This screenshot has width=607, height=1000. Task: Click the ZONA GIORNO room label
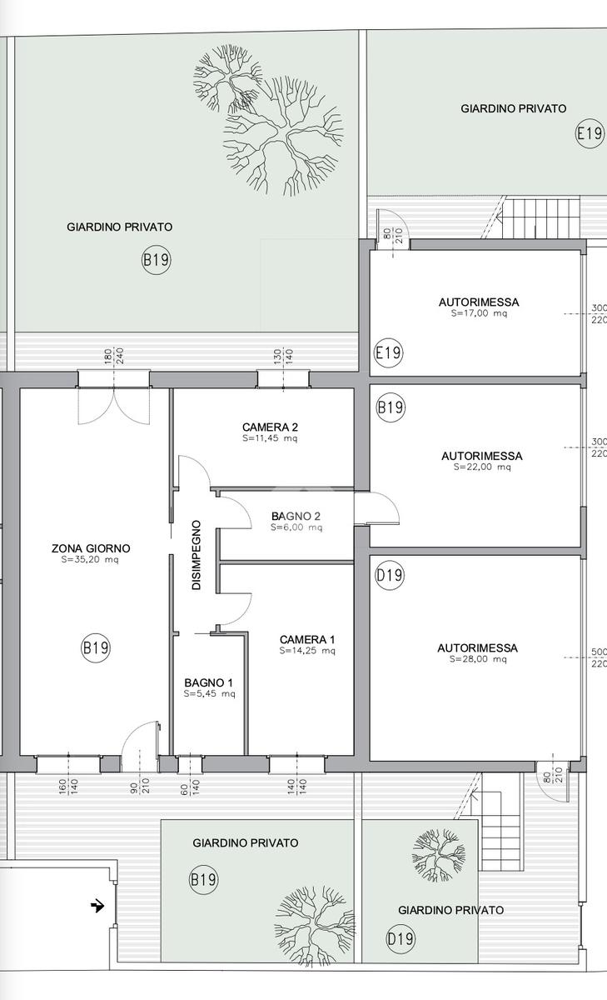pyautogui.click(x=91, y=548)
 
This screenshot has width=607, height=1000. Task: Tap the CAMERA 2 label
pyautogui.click(x=270, y=427)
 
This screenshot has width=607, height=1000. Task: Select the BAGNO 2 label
pyautogui.click(x=296, y=516)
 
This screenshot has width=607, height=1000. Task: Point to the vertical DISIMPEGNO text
pyautogui.click(x=197, y=555)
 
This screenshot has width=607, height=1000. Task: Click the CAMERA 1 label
pyautogui.click(x=307, y=639)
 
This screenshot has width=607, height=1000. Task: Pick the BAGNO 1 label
pyautogui.click(x=209, y=682)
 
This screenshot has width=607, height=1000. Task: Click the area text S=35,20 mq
pyautogui.click(x=90, y=560)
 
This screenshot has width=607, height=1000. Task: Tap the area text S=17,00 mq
pyautogui.click(x=479, y=313)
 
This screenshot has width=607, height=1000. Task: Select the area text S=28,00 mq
pyautogui.click(x=478, y=659)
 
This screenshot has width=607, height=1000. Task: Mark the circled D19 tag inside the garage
pyautogui.click(x=390, y=575)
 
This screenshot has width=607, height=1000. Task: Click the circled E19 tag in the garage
pyautogui.click(x=388, y=352)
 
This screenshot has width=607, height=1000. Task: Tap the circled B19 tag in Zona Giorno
pyautogui.click(x=96, y=647)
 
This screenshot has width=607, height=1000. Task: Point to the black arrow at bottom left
pyautogui.click(x=97, y=906)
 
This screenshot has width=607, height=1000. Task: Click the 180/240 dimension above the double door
pyautogui.click(x=114, y=357)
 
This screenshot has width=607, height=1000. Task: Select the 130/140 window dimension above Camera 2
pyautogui.click(x=283, y=357)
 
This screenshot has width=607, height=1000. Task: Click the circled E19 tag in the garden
pyautogui.click(x=590, y=133)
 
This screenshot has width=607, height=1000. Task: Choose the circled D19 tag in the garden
pyautogui.click(x=401, y=939)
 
